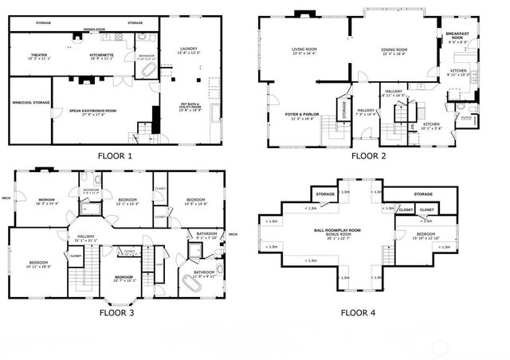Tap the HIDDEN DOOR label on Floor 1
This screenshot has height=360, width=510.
[x=94, y=29]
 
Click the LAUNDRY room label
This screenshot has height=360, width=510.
[x=190, y=51]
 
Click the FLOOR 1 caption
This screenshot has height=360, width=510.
[x=116, y=156]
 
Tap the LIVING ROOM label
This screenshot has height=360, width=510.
[x=304, y=50]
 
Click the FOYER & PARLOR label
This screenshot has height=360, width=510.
[x=302, y=115]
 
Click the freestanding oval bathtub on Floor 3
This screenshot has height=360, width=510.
[x=194, y=282]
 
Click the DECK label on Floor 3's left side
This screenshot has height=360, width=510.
[x=6, y=198]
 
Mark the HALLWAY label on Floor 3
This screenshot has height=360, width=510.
[x=85, y=237]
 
